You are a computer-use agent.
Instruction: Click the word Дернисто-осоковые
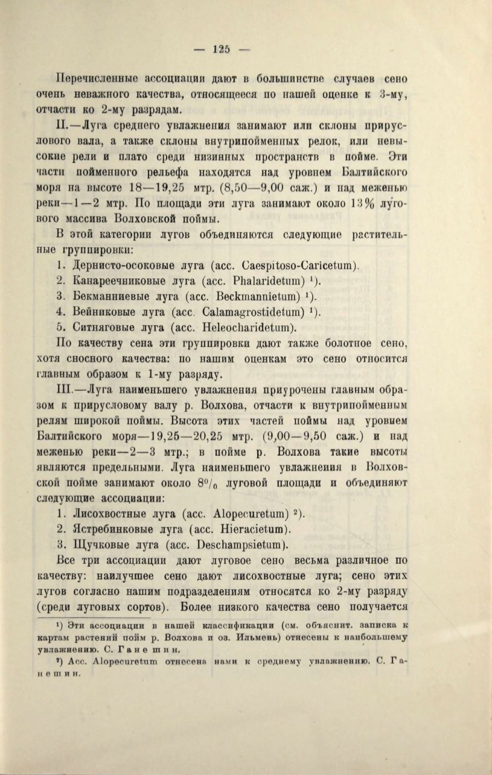pos(121,264)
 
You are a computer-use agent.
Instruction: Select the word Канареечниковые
pos(118,280)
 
